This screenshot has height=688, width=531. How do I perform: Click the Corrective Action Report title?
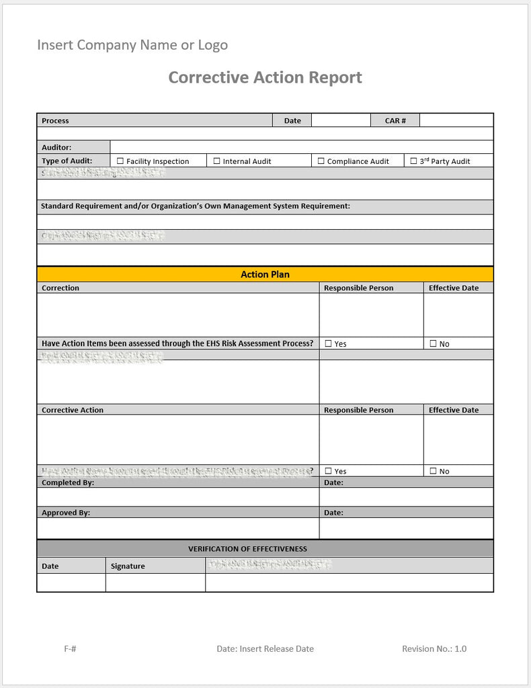click(265, 77)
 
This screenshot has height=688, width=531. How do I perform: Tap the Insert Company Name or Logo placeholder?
click(132, 45)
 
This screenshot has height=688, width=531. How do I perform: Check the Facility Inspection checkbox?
click(120, 161)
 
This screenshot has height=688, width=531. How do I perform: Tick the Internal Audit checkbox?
click(217, 161)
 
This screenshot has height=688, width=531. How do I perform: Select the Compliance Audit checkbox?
click(321, 161)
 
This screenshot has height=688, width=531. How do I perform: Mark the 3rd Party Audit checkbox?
click(413, 161)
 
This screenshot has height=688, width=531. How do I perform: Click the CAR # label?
click(395, 121)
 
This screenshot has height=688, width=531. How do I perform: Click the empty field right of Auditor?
click(301, 147)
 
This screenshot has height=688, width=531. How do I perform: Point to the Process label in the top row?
click(55, 121)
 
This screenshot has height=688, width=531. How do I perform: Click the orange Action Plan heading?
click(265, 274)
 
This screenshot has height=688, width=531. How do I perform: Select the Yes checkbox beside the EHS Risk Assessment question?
click(329, 343)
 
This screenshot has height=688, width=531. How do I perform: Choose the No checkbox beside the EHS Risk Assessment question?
click(434, 343)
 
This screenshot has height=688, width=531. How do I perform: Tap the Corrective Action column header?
click(73, 410)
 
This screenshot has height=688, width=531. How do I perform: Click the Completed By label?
click(68, 482)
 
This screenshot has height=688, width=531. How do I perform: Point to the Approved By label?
click(66, 513)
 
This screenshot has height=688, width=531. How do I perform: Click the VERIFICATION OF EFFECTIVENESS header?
click(247, 549)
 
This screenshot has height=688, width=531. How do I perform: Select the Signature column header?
click(128, 566)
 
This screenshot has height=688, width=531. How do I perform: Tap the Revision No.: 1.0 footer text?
click(434, 648)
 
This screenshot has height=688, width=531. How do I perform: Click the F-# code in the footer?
click(70, 648)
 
